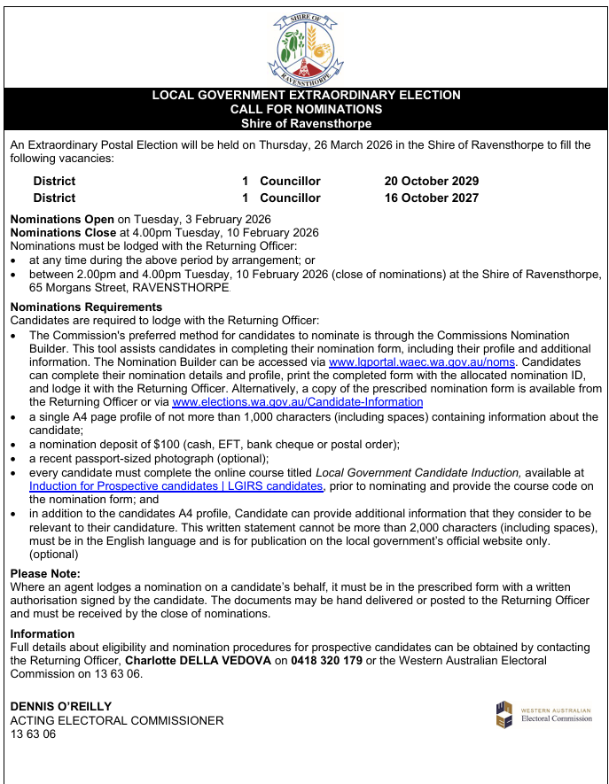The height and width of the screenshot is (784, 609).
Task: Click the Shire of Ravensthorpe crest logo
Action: coord(305,48)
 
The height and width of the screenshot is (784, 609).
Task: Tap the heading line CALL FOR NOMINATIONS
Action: coord(306,109)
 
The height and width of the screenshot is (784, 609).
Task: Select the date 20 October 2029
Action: coord(431,181)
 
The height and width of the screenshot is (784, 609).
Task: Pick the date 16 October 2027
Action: coord(431,198)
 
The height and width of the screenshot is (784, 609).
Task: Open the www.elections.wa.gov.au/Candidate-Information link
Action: coord(297,402)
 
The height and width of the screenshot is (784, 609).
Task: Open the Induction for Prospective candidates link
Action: coord(176,486)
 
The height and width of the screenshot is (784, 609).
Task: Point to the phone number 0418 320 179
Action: coord(328,660)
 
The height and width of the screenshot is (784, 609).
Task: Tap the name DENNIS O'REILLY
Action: coord(61,706)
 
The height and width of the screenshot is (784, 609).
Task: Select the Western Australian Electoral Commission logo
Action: coord(543,713)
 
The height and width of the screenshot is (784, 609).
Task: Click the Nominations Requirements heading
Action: coord(86,307)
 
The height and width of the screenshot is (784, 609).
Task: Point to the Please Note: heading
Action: coord(45,574)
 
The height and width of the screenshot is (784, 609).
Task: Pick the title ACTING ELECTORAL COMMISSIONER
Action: coord(117,720)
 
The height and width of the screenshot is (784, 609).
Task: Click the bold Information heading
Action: coord(42,633)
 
